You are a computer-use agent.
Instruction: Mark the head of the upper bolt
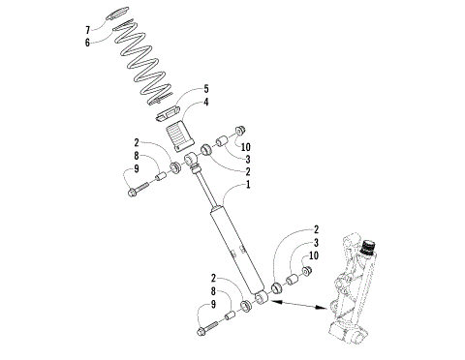click(x=132, y=192)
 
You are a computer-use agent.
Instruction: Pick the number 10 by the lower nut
click(x=314, y=255)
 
